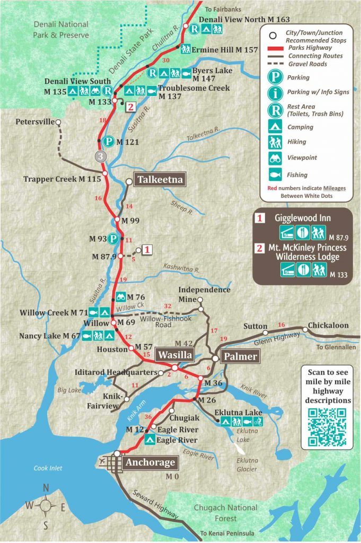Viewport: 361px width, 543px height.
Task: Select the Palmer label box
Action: tap(240, 356)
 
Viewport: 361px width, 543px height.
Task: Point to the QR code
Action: tap(327, 427)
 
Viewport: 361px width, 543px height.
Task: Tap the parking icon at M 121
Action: tap(108, 142)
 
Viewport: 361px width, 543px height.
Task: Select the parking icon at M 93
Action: tap(113, 239)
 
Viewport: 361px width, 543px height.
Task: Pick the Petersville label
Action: tap(35, 121)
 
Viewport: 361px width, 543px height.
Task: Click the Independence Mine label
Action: tap(204, 294)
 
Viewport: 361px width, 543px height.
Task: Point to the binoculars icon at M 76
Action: tap(121, 297)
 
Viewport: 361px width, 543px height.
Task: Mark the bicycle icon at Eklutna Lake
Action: tap(258, 422)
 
